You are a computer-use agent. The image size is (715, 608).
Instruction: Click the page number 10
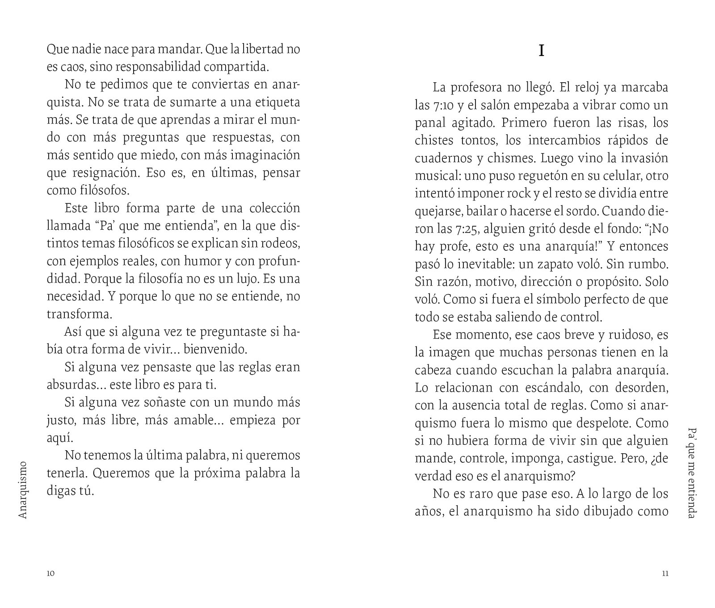(50, 574)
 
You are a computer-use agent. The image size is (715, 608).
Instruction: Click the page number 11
(665, 574)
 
